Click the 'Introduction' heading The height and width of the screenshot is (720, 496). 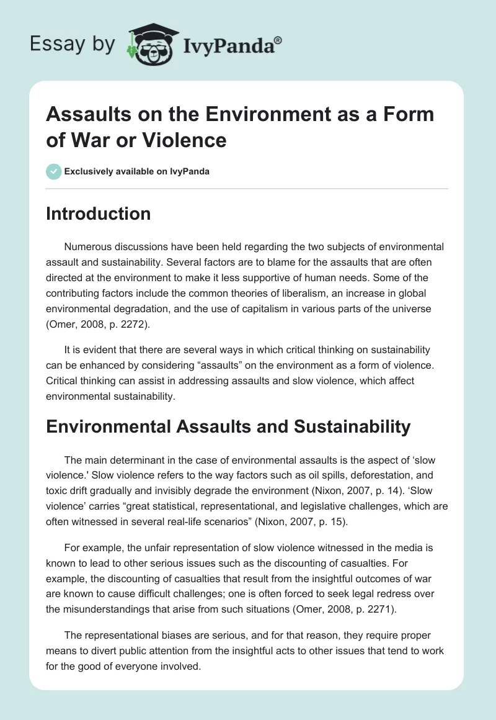coord(99,214)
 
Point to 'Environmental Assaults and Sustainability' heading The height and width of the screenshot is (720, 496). coord(228,426)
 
